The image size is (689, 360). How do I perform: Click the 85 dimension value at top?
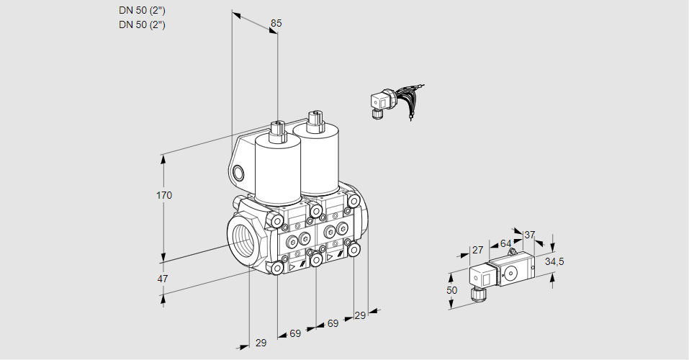click(x=276, y=23)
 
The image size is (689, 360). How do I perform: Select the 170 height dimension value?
click(x=165, y=195)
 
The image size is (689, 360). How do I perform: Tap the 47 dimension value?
click(x=163, y=279)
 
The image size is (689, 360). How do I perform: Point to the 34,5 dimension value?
click(x=554, y=261)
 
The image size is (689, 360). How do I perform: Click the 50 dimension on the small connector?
click(x=451, y=290)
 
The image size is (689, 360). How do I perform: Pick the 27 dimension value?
click(x=477, y=251)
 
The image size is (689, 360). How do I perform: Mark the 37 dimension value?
click(x=529, y=235)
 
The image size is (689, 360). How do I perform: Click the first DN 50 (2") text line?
click(x=142, y=11)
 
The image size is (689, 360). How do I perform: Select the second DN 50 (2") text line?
click(x=142, y=25)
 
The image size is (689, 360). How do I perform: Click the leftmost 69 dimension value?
click(x=295, y=333)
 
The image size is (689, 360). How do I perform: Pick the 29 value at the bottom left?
click(x=261, y=343)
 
